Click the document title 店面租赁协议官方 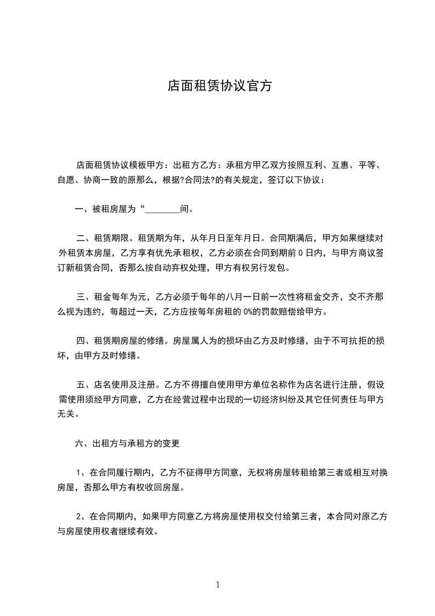[219, 86]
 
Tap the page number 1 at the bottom [218, 585]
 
